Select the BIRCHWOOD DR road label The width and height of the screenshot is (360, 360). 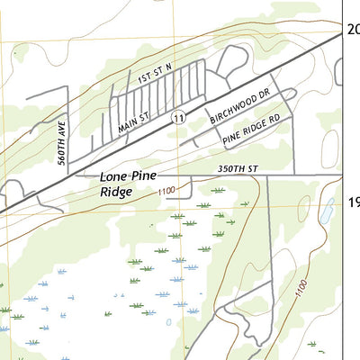pyautogui.click(x=239, y=103)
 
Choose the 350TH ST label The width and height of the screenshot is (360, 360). pyautogui.click(x=237, y=167)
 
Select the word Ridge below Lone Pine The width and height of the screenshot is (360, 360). pyautogui.click(x=116, y=193)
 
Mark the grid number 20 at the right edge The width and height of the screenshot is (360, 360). pyautogui.click(x=354, y=30)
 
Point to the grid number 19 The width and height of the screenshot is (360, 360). pyautogui.click(x=354, y=204)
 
